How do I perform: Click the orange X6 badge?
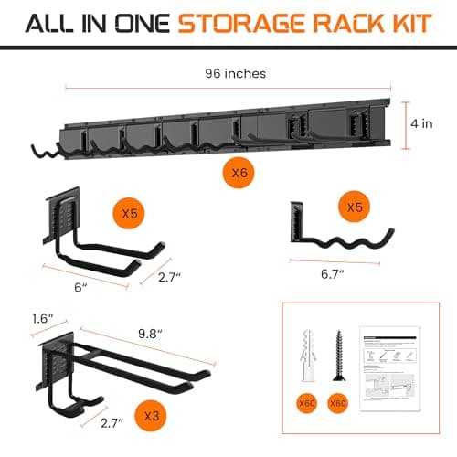tap(239, 170)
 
